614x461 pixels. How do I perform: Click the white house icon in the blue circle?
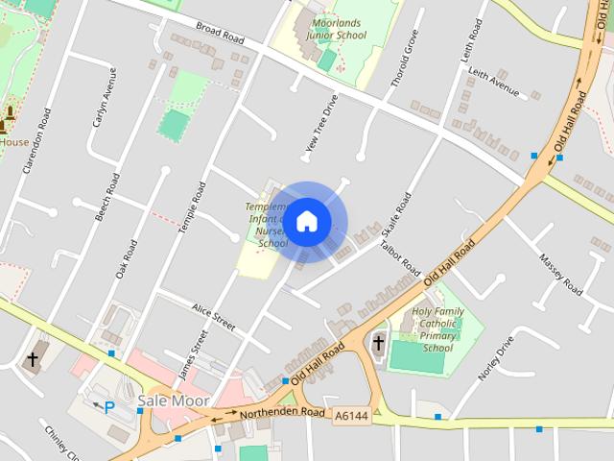(307, 222)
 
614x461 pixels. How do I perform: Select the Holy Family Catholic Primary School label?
(437, 329)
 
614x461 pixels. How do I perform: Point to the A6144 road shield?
(351, 416)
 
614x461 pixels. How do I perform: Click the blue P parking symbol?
(109, 407)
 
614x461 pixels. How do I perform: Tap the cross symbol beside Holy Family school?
(378, 343)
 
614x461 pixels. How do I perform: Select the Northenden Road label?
(284, 413)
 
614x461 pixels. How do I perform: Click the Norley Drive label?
(497, 358)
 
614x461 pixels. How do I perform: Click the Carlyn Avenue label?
(103, 96)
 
